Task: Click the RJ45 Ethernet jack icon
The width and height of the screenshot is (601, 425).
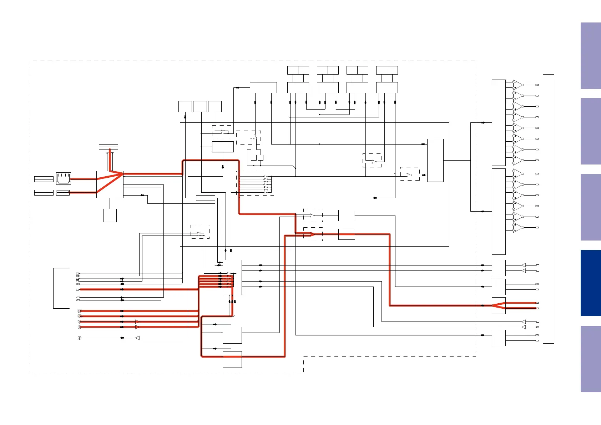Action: (x=64, y=178)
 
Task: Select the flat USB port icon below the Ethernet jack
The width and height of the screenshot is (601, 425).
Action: (x=63, y=193)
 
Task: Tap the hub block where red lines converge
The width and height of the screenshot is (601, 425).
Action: (x=110, y=184)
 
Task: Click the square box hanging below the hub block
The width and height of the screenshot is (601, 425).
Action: (x=110, y=216)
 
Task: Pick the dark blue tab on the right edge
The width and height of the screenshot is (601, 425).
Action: (x=591, y=283)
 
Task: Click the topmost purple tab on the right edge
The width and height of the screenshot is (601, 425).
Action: (x=591, y=56)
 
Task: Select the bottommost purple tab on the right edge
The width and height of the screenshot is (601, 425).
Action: (x=591, y=359)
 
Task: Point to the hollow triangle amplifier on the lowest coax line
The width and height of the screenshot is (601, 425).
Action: (x=137, y=338)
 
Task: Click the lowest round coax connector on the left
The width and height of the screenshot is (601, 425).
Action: (x=80, y=338)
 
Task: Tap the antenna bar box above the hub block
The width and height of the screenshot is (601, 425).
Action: (x=108, y=147)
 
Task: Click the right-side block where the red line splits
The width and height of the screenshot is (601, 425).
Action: (x=499, y=305)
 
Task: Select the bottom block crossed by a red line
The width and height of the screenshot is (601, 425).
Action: (x=232, y=359)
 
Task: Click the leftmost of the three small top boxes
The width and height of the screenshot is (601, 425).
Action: (x=185, y=106)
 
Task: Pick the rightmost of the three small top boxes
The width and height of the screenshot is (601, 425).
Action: (x=215, y=106)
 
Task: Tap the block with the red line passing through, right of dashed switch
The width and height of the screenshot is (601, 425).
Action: (x=347, y=234)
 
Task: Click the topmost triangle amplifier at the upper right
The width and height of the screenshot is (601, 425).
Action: (x=517, y=85)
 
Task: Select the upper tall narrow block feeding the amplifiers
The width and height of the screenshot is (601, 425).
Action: (x=499, y=122)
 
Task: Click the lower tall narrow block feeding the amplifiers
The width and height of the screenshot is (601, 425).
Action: (x=499, y=211)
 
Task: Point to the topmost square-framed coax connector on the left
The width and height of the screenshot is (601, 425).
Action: (x=80, y=311)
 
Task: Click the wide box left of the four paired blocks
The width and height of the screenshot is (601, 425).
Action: (x=263, y=87)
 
